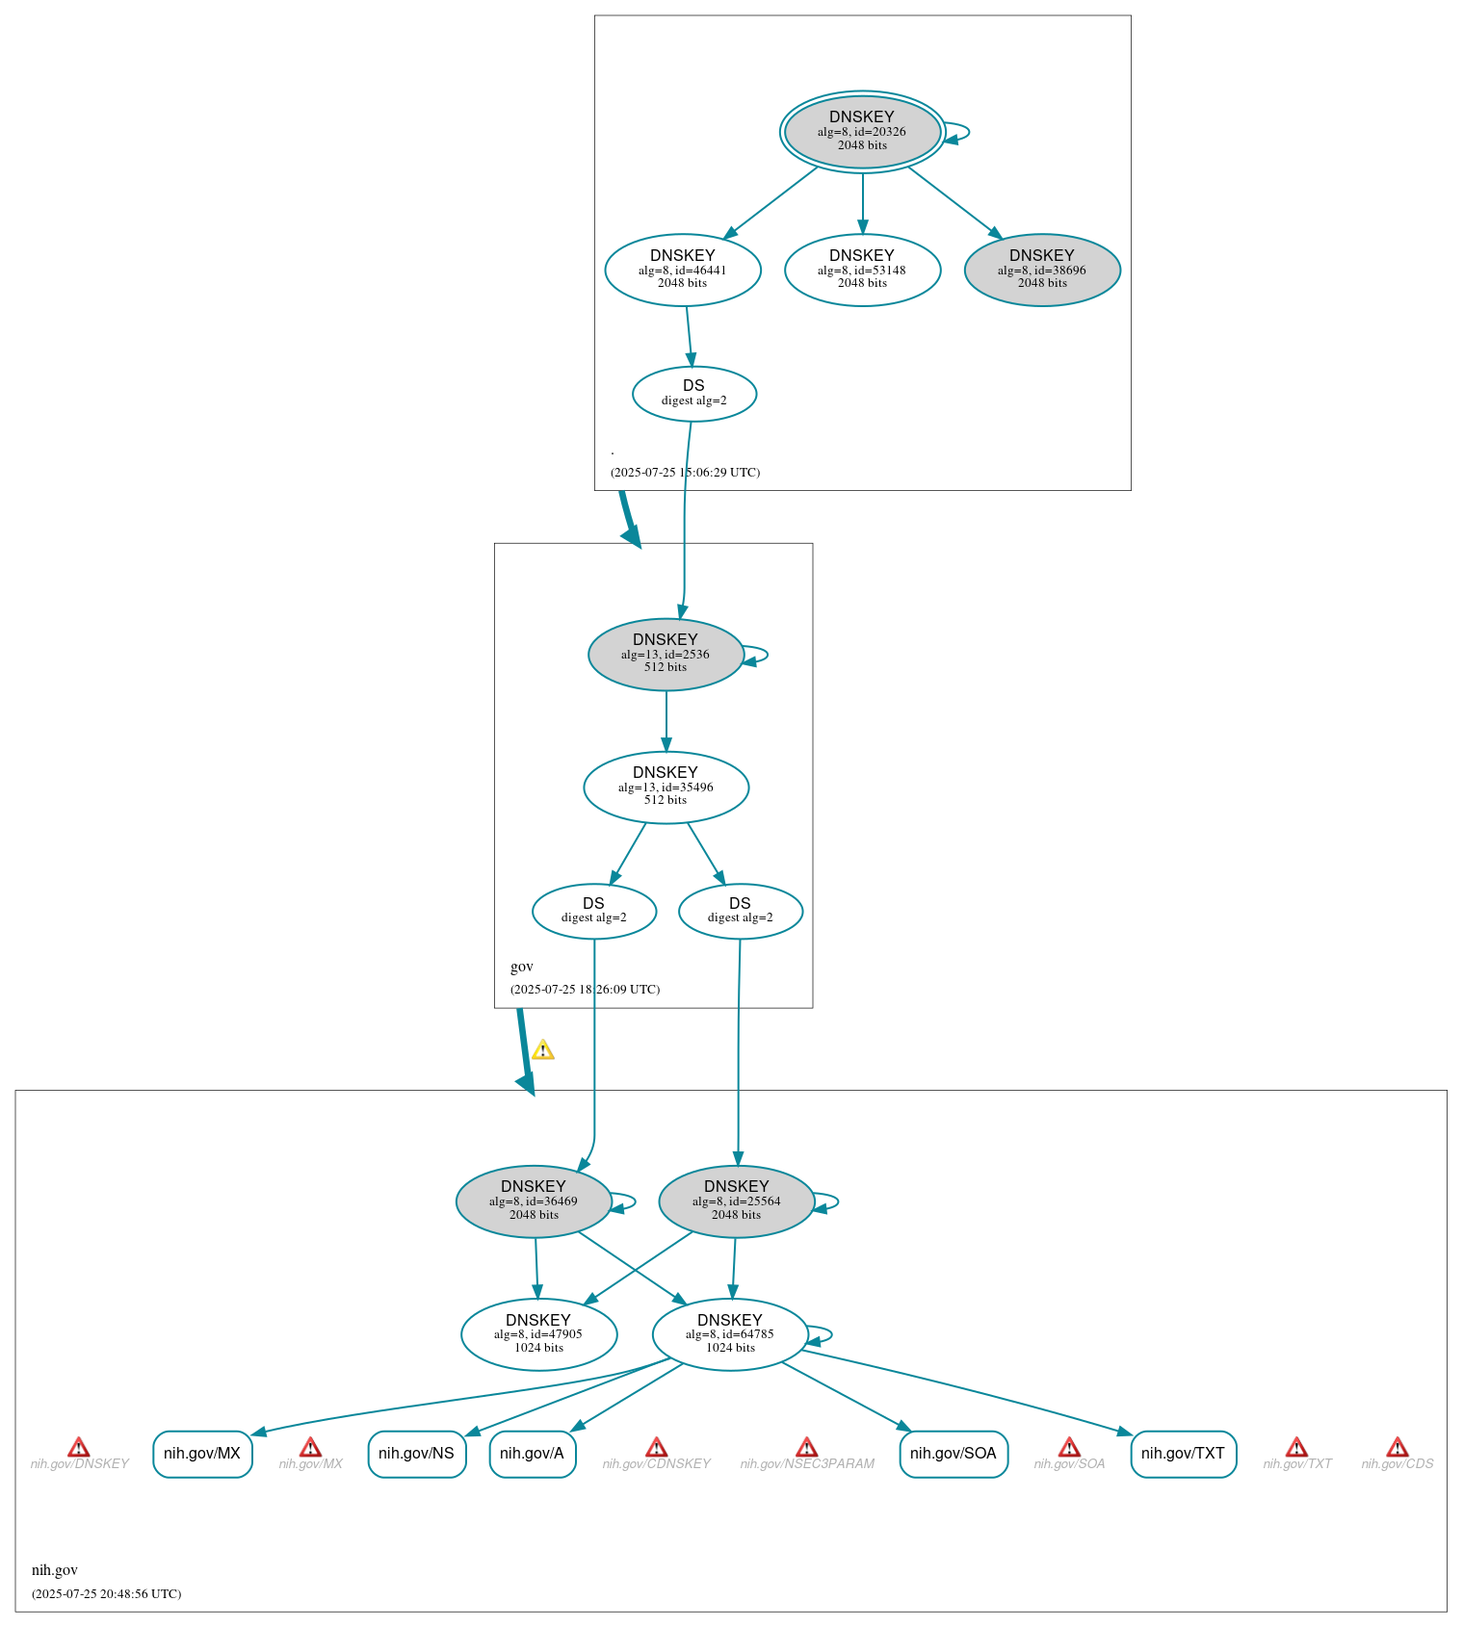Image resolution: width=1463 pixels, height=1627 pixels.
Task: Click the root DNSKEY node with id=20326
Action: click(x=862, y=132)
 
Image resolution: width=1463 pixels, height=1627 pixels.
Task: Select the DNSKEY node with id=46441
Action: click(x=683, y=270)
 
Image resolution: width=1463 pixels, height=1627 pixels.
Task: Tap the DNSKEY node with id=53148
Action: click(x=862, y=270)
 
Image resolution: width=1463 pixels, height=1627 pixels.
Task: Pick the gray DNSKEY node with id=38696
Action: click(x=1042, y=270)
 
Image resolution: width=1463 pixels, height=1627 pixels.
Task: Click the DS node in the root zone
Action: click(x=694, y=394)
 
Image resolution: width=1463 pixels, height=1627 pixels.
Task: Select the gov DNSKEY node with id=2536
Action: click(x=666, y=655)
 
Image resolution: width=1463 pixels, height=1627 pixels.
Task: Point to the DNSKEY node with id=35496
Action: click(x=666, y=788)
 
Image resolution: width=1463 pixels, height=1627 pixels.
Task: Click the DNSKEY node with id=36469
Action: click(x=534, y=1201)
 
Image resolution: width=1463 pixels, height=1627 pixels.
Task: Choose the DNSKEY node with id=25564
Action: click(x=737, y=1201)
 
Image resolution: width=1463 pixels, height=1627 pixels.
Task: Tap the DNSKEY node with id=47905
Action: click(x=538, y=1334)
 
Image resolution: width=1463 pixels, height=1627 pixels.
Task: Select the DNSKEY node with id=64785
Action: click(x=730, y=1334)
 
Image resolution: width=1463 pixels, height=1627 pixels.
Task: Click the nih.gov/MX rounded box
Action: click(x=202, y=1454)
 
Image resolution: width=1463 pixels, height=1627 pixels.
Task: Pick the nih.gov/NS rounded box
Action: click(x=417, y=1454)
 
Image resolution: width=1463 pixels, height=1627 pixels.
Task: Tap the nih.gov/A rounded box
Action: click(x=533, y=1454)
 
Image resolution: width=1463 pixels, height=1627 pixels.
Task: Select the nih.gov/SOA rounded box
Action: click(x=954, y=1454)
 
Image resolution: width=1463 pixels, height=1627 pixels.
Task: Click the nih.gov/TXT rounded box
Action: click(x=1183, y=1454)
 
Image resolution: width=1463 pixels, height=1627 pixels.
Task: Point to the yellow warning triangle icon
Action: click(x=543, y=1050)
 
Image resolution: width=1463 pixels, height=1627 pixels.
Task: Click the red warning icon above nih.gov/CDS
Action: click(x=1398, y=1448)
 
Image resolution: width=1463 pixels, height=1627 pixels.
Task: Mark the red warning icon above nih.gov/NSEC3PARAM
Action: click(x=807, y=1448)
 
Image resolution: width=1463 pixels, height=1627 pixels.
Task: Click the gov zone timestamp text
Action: click(x=585, y=990)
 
